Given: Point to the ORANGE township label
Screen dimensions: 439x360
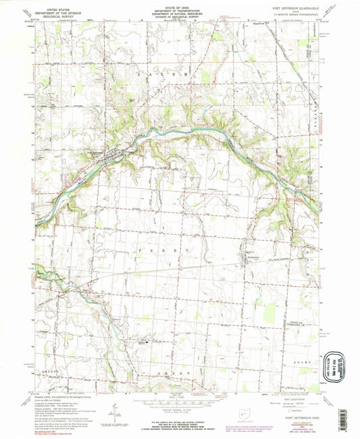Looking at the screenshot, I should tap(52, 371).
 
